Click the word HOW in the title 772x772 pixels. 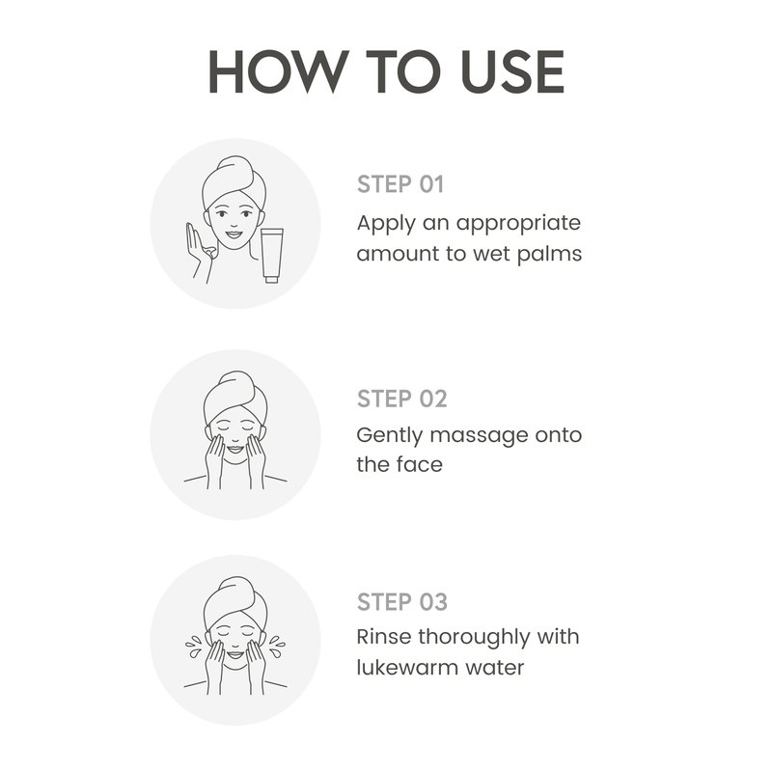point(278,71)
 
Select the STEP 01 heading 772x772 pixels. point(400,184)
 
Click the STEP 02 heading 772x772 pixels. point(401,399)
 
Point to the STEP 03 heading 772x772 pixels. point(402,602)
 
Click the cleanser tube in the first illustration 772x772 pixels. point(272,255)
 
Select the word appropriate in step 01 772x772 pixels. point(518,225)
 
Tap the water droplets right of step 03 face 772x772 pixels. point(276,647)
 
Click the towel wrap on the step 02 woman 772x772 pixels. point(235,397)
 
